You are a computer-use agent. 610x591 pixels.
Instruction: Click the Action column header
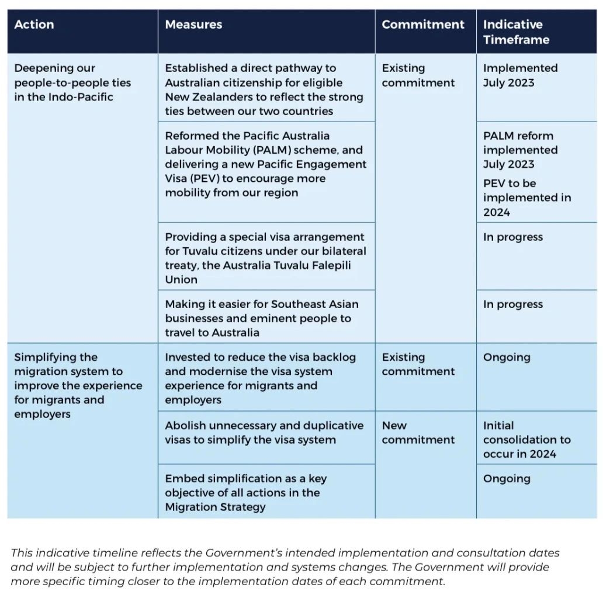[x=34, y=25]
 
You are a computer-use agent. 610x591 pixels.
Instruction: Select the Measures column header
[x=193, y=25]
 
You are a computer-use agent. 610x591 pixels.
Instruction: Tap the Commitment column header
[x=423, y=25]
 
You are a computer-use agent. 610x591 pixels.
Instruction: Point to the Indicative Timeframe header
[x=516, y=32]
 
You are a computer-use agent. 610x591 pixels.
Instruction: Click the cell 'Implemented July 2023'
[x=520, y=75]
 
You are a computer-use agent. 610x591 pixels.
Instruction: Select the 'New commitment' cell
[x=418, y=433]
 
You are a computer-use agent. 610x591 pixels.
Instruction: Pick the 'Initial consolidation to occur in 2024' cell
[x=526, y=440]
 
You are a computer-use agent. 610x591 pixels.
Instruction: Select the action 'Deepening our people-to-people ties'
[x=72, y=82]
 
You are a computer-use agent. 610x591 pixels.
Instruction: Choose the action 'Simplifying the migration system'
[x=78, y=385]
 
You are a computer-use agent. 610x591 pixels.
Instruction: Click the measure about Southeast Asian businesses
[x=261, y=318]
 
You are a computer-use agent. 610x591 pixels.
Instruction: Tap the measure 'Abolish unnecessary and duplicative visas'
[x=264, y=433]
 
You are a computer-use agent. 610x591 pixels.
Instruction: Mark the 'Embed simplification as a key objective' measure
[x=245, y=492]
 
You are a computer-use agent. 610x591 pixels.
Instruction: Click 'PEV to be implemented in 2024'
[x=526, y=198]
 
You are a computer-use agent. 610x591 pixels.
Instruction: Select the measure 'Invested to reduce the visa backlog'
[x=260, y=378]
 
